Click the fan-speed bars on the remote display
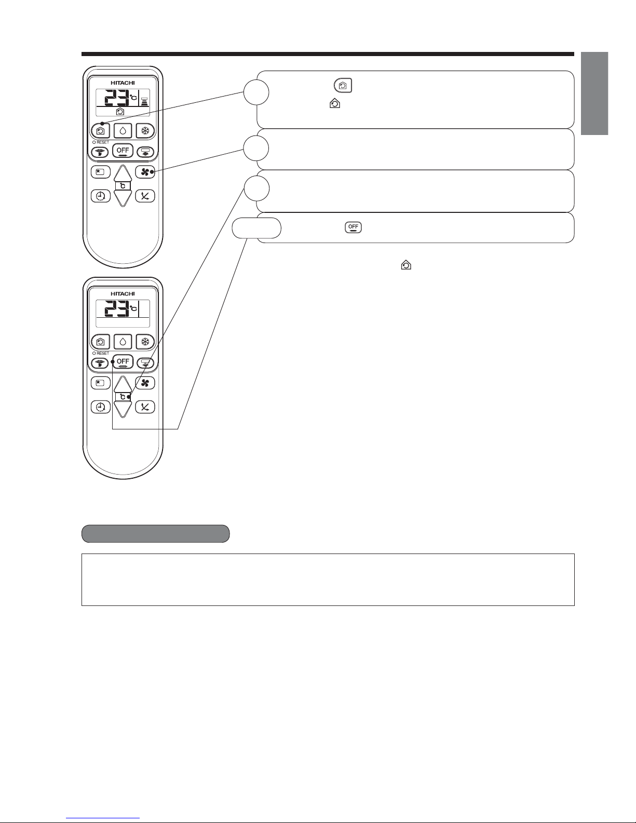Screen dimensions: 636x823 145,101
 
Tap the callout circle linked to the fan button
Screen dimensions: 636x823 256,148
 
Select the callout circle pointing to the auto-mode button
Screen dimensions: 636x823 256,92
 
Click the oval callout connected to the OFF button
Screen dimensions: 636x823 256,228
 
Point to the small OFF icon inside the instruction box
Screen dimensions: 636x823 353,227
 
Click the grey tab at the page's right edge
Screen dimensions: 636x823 594,93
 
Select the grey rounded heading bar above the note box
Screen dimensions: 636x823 156,534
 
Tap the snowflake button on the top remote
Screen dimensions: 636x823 145,131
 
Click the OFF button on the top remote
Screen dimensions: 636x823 123,151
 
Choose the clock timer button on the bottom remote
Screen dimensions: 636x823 100,407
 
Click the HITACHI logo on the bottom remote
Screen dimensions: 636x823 123,293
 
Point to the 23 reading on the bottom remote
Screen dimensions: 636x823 117,308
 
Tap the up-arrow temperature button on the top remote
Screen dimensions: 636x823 123,173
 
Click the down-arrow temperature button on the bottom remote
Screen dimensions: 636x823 123,410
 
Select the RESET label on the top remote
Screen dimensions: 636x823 103,142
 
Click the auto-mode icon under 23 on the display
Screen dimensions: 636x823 120,112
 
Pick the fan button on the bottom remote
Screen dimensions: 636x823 145,383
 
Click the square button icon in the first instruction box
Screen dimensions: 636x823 343,86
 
